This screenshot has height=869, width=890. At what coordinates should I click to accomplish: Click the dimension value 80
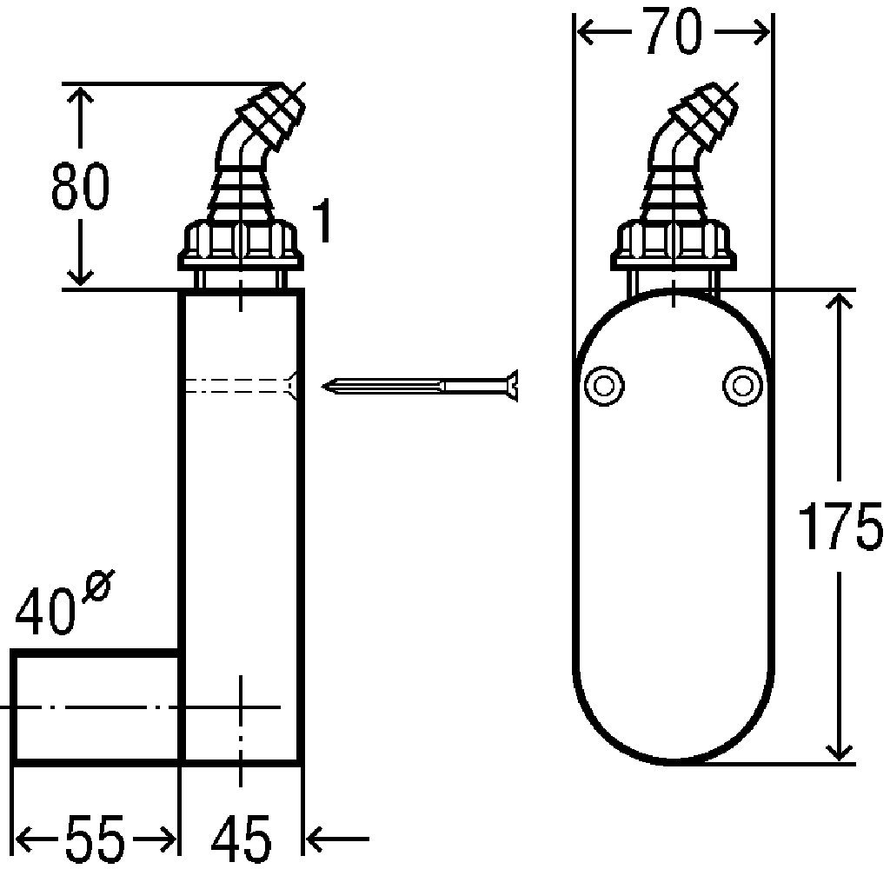pyautogui.click(x=80, y=186)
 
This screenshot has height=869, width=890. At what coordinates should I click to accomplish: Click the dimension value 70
pyautogui.click(x=674, y=32)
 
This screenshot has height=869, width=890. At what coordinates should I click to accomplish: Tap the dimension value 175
pyautogui.click(x=841, y=525)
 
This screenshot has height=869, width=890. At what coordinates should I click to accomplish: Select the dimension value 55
pyautogui.click(x=94, y=839)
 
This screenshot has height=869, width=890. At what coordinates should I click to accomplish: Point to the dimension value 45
pyautogui.click(x=242, y=839)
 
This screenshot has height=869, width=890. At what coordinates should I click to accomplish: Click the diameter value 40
pyautogui.click(x=45, y=611)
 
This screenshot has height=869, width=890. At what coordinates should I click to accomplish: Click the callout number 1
pyautogui.click(x=322, y=220)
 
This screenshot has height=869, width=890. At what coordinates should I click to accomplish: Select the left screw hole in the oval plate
pyautogui.click(x=604, y=386)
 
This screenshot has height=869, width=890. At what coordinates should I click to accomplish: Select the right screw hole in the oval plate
pyautogui.click(x=742, y=386)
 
